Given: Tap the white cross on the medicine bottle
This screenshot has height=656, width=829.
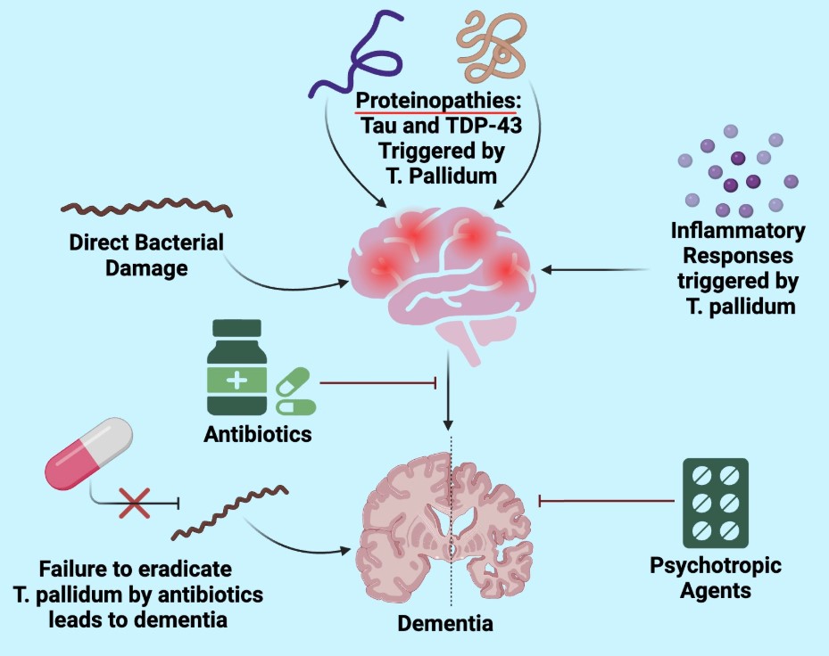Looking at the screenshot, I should click(x=236, y=381).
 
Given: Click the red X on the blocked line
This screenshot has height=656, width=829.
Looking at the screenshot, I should click(x=134, y=503).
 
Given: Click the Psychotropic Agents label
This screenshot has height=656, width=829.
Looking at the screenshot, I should click(x=715, y=578).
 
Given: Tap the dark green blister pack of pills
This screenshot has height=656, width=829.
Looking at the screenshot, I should click(x=715, y=503).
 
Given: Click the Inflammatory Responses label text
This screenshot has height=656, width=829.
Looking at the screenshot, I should click(x=737, y=268).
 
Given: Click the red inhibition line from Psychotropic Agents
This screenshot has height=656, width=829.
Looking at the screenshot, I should click(x=607, y=502).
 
